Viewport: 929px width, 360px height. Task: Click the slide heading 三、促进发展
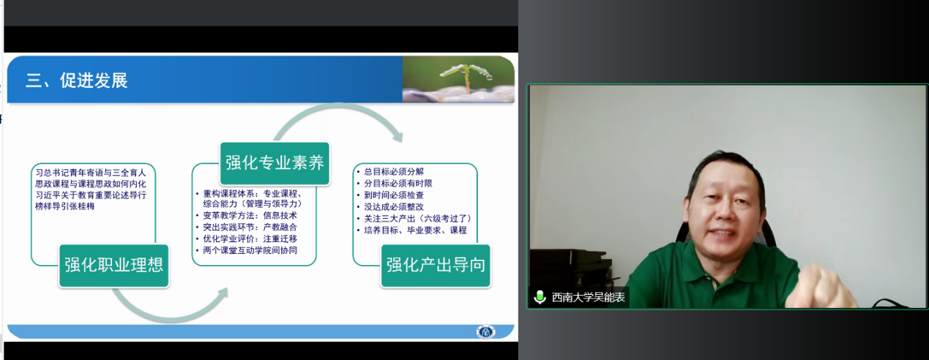pos(77,80)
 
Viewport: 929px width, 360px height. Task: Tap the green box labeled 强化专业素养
pos(275,163)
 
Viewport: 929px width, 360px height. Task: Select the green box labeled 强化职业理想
pos(113,266)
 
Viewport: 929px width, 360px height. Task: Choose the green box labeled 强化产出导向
pos(436,266)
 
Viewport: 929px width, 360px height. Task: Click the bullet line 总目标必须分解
pos(394,172)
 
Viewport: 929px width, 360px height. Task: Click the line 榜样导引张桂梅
pos(65,206)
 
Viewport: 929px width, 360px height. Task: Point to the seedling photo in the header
pos(458,79)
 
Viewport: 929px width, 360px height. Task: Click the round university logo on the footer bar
pos(485,331)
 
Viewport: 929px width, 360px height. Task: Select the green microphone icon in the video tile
pos(540,297)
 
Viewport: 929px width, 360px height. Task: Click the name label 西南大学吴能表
pos(588,297)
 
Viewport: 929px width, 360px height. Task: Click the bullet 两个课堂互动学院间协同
pos(250,250)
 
